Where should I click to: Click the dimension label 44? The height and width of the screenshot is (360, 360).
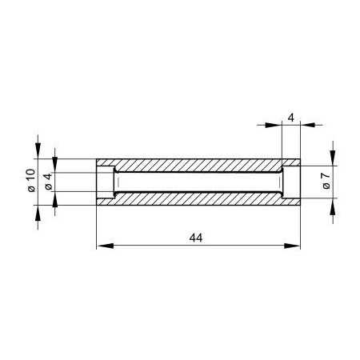pos(196,238)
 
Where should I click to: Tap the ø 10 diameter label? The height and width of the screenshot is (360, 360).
pos(31,180)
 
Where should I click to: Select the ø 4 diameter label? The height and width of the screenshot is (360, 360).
pos(48,182)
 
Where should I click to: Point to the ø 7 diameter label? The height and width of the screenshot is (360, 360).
pos(326,181)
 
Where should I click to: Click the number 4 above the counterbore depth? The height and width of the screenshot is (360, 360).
pos(291,118)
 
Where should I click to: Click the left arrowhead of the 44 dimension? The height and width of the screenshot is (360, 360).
pos(105,246)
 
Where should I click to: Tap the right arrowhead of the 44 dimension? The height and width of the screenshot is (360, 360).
pos(292,246)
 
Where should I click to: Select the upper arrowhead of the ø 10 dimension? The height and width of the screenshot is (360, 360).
pos(38,150)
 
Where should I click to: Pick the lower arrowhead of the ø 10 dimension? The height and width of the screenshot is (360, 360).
pos(38,213)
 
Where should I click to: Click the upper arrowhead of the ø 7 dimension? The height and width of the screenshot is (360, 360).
pos(333,158)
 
